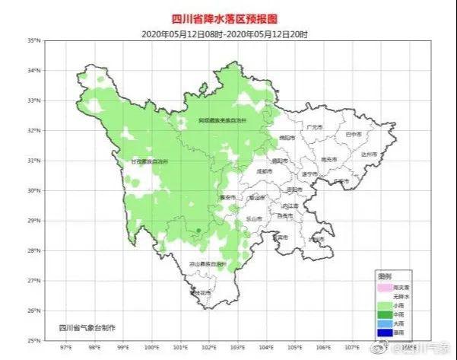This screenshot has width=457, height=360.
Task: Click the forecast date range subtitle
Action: coord(228,33)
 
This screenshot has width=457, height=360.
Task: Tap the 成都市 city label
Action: coord(265,172)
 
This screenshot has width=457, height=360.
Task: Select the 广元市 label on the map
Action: coord(314,126)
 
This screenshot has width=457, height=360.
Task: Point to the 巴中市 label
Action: coord(354,134)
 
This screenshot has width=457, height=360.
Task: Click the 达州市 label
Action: coord(370,154)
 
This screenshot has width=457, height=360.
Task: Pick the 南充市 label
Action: coord(329,159)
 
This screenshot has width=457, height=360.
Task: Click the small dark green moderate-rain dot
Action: coord(198,230)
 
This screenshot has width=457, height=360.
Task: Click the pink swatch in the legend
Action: coord(386,286)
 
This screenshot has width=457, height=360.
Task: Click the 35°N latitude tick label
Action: coord(34,40)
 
